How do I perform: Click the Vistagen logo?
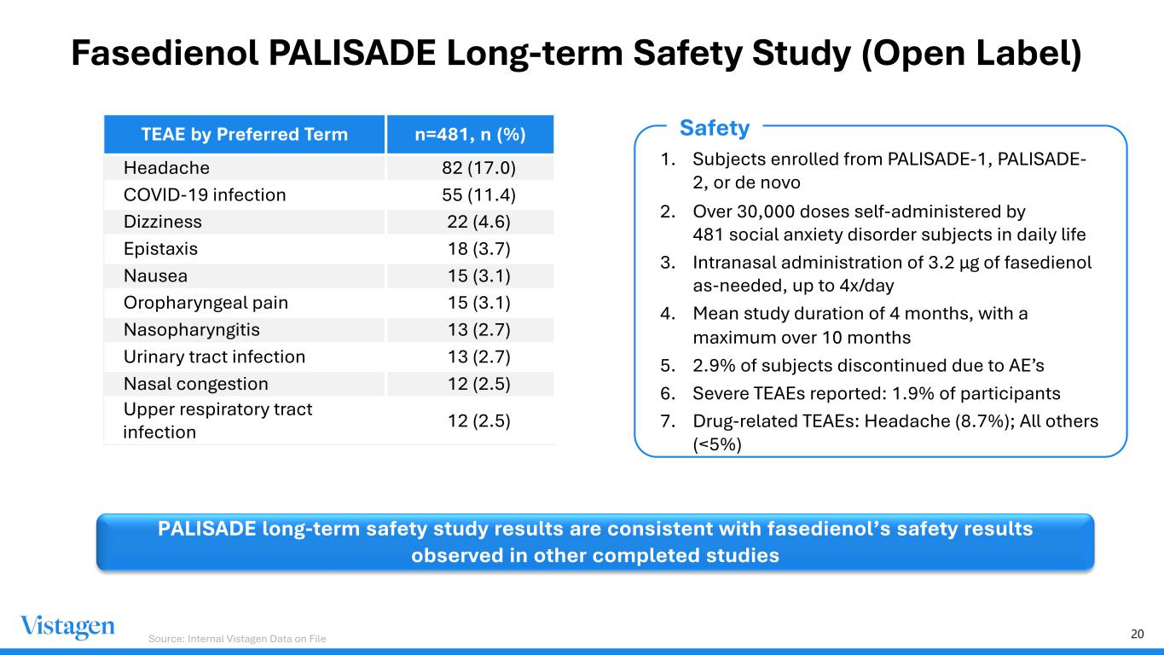tap(67, 627)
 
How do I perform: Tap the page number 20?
tap(1137, 634)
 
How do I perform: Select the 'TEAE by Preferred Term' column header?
tap(245, 135)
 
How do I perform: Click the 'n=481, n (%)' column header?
tap(470, 135)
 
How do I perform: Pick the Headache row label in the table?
tap(166, 167)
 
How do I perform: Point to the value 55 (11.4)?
tap(472, 194)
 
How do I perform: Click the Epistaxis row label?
tap(160, 249)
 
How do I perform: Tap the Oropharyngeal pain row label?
tap(206, 303)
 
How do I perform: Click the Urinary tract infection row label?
tap(214, 356)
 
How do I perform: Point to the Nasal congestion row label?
tap(195, 384)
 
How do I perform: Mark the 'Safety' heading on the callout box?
tap(714, 129)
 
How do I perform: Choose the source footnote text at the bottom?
tap(237, 638)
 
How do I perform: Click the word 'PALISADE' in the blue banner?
tap(206, 529)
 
